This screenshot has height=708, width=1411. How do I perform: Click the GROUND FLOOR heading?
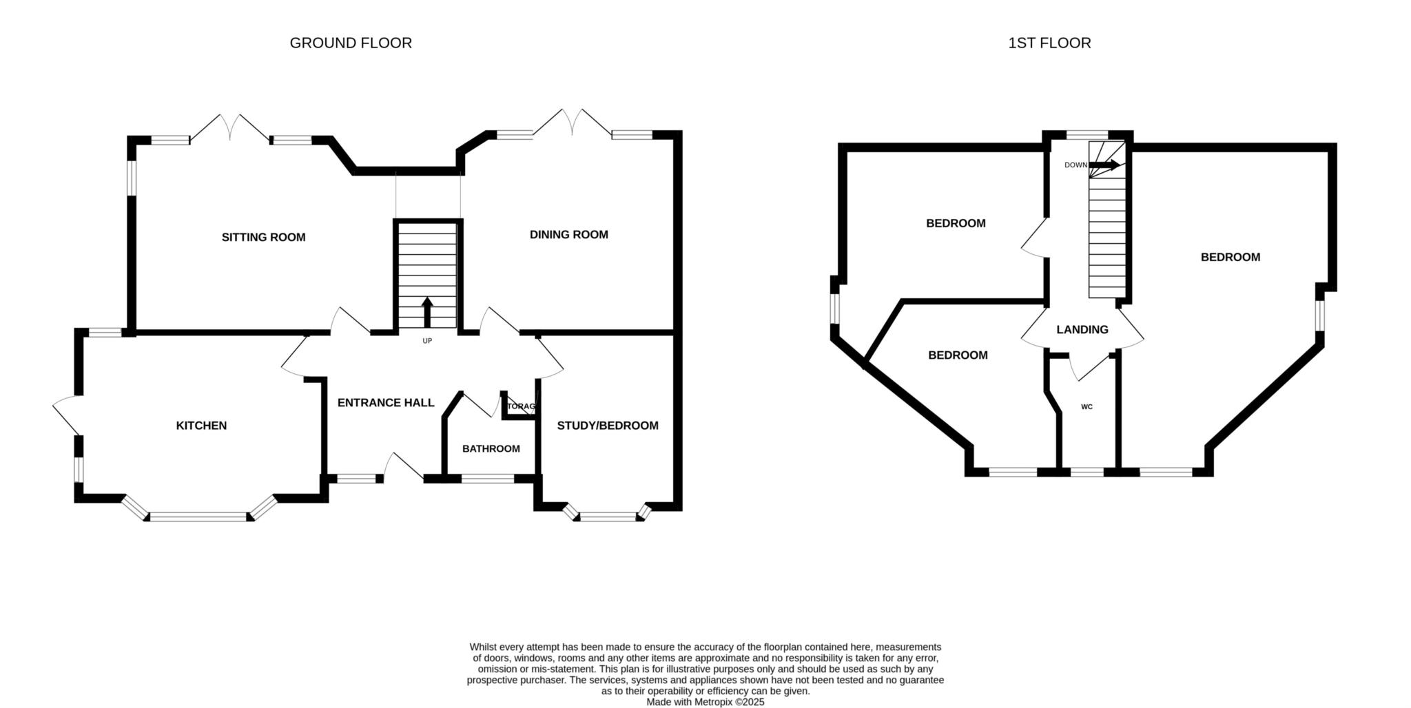click(351, 43)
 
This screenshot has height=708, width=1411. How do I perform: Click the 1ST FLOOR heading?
click(1049, 43)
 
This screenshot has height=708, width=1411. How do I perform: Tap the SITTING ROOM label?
click(263, 238)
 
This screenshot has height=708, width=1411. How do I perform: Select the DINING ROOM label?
click(569, 235)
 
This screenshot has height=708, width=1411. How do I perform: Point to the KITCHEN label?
click(201, 426)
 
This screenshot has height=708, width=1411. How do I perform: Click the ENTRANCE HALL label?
click(386, 403)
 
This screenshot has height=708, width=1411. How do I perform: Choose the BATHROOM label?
click(491, 449)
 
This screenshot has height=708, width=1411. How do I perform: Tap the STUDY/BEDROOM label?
click(608, 426)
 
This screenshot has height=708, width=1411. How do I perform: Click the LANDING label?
click(1082, 330)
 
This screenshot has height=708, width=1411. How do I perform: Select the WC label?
click(1086, 407)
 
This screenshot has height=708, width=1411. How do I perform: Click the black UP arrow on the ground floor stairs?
click(427, 312)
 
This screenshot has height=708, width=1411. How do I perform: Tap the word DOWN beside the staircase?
click(1075, 165)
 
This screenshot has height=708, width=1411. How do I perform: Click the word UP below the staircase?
click(427, 341)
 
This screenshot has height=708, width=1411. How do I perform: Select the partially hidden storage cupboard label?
click(520, 406)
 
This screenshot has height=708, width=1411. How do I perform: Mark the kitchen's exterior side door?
click(68, 416)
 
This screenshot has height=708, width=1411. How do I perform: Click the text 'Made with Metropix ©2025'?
click(705, 702)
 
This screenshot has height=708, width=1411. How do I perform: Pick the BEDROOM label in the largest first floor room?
click(1230, 258)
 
